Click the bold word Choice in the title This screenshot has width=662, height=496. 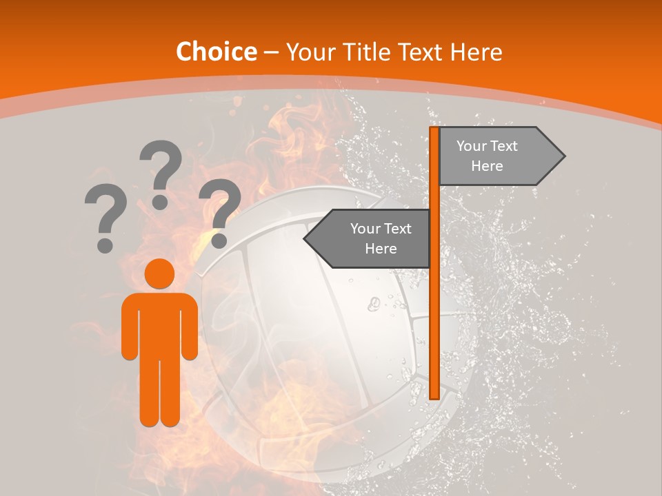pyautogui.click(x=216, y=52)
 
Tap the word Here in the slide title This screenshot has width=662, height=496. pyautogui.click(x=476, y=52)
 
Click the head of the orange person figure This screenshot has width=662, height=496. pyautogui.click(x=160, y=274)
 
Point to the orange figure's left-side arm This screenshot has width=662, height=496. pyautogui.click(x=130, y=327)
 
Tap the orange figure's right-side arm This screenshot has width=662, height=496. pyautogui.click(x=190, y=327)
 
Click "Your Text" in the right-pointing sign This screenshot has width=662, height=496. pyautogui.click(x=487, y=146)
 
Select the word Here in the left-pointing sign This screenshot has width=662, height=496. pyautogui.click(x=381, y=249)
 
